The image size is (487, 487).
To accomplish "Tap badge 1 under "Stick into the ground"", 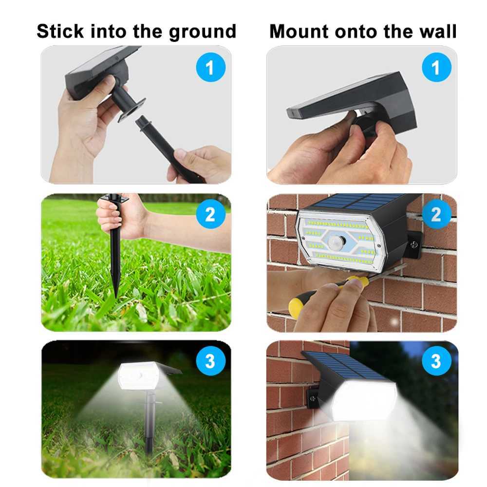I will [x=209, y=68].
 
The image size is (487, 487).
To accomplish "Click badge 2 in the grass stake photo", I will [x=210, y=214].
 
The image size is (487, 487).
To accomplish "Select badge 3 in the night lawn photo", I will [x=210, y=361].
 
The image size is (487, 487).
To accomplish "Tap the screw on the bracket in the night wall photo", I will [x=312, y=398].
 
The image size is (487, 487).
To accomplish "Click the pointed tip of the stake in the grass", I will [x=115, y=295].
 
